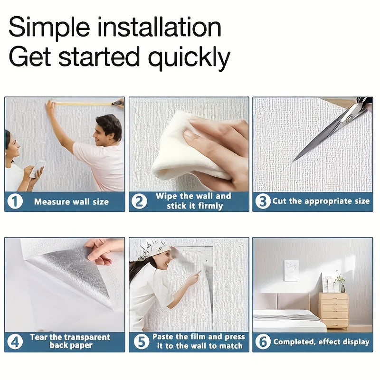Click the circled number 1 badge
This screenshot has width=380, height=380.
pos(15,201)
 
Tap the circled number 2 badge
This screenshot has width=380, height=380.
pos(139,201)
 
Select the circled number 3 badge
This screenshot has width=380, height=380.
pos(263,201)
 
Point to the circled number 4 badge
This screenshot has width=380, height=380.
pos(15,342)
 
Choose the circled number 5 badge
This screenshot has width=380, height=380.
pos(142,342)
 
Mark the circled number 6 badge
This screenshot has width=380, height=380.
pos(263,342)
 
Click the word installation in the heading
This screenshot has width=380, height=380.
pos(160,27)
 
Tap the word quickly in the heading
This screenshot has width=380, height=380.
pos(189,57)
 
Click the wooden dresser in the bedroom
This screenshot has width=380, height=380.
pos(333,311)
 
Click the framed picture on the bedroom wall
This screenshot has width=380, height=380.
pos(291,270)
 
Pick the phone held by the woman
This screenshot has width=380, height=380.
pos(38,169)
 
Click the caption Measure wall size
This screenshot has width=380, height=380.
pos(72,201)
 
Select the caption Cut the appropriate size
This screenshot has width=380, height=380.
pos(321,201)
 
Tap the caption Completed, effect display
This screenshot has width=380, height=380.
pos(322,342)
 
